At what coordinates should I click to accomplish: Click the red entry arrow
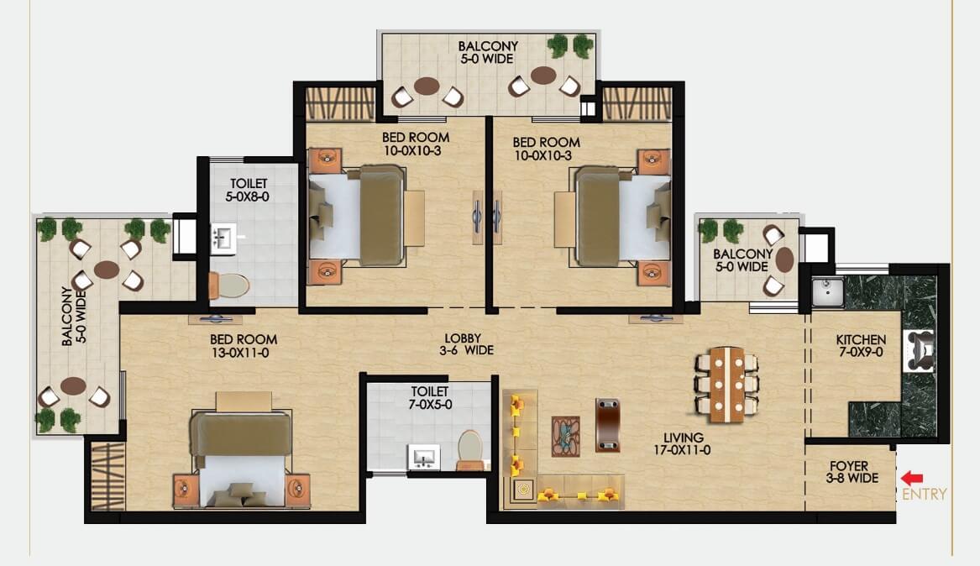pyautogui.click(x=912, y=479)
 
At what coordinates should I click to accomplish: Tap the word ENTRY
pyautogui.click(x=925, y=494)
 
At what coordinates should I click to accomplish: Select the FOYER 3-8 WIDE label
pyautogui.click(x=852, y=472)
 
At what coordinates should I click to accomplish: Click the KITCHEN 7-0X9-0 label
pyautogui.click(x=862, y=345)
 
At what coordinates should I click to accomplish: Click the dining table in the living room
pyautogui.click(x=727, y=385)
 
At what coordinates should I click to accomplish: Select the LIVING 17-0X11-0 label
pyautogui.click(x=683, y=443)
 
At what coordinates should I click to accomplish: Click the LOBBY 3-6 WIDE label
pyautogui.click(x=466, y=344)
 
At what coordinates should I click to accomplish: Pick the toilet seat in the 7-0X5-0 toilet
pyautogui.click(x=470, y=448)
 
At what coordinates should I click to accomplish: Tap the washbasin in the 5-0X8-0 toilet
pyautogui.click(x=223, y=238)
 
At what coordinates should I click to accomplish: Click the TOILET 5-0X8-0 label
pyautogui.click(x=248, y=190)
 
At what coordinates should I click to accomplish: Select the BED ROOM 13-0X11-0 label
pyautogui.click(x=244, y=346)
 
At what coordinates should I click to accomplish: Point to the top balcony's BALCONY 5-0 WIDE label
pyautogui.click(x=488, y=52)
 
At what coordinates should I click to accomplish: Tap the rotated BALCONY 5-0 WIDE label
pyautogui.click(x=74, y=316)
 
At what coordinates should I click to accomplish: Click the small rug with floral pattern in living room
pyautogui.click(x=565, y=437)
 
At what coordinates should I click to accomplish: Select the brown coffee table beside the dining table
pyautogui.click(x=607, y=425)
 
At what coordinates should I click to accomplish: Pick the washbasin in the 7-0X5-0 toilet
pyautogui.click(x=424, y=458)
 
